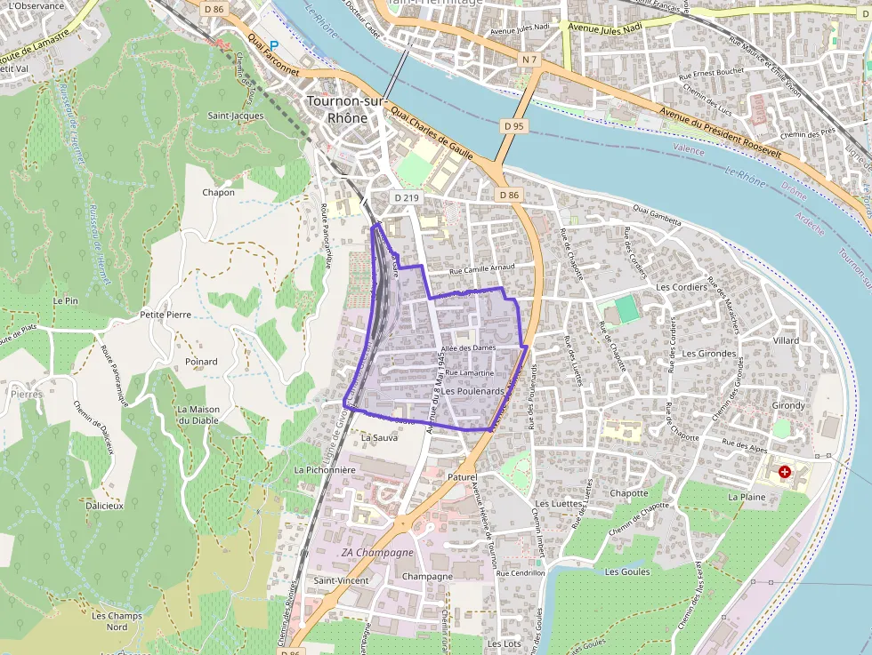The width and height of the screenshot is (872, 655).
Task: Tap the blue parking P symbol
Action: coord(274,45)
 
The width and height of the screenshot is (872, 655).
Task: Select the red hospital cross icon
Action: coord(784,471)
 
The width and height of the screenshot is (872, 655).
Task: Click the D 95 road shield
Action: coord(512,126)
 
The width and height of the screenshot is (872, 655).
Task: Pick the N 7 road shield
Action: coord(530,60)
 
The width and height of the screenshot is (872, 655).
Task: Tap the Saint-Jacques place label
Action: coord(235,116)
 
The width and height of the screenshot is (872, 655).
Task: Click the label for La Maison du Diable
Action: coord(198,415)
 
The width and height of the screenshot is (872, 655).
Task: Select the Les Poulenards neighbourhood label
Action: coord(473,391)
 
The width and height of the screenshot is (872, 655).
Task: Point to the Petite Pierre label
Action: coord(166,315)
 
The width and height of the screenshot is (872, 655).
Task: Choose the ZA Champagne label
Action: coord(377,552)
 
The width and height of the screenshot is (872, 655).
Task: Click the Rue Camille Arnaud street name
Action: coord(482,269)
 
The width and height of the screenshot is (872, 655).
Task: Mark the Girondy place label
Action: coord(788,405)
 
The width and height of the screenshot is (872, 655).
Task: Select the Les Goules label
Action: coord(627,571)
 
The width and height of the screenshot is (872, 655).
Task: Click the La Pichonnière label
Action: coord(325,468)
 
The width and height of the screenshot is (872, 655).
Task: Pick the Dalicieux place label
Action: coord(105,505)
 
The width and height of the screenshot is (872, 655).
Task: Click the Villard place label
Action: coord(786,340)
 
